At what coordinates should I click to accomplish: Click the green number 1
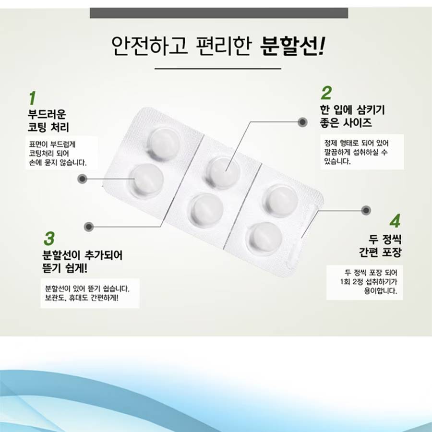[33, 98]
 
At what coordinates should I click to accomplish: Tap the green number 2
[326, 93]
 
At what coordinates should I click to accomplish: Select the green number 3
[49, 239]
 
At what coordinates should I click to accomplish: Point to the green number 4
[395, 221]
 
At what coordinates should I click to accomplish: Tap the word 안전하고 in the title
[150, 46]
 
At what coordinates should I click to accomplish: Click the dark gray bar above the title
[219, 13]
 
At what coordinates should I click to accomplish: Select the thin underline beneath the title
[217, 68]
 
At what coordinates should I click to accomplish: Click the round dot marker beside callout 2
[302, 122]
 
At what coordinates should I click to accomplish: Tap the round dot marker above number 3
[89, 227]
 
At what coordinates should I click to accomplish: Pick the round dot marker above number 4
[366, 211]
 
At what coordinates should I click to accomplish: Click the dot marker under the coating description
[82, 179]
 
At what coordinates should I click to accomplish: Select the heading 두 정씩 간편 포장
[380, 246]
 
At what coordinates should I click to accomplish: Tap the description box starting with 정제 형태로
[362, 152]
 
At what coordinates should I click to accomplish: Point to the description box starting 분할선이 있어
[90, 293]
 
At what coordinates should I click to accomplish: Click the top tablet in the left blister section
[165, 143]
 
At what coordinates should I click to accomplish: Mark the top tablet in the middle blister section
[223, 172]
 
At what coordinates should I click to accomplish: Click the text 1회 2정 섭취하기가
[369, 282]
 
